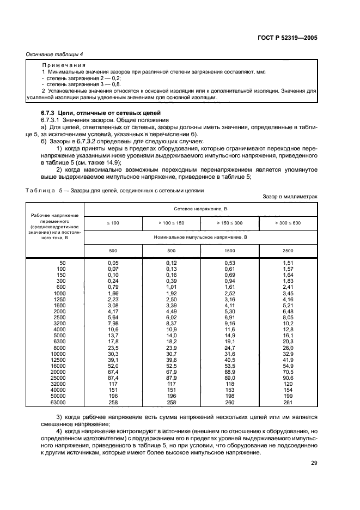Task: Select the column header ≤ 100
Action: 113,223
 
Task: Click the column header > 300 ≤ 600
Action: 288,223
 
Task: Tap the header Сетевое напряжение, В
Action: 200,209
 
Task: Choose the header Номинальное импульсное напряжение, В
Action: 200,237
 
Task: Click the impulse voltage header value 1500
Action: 229,251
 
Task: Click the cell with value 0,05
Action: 113,263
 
